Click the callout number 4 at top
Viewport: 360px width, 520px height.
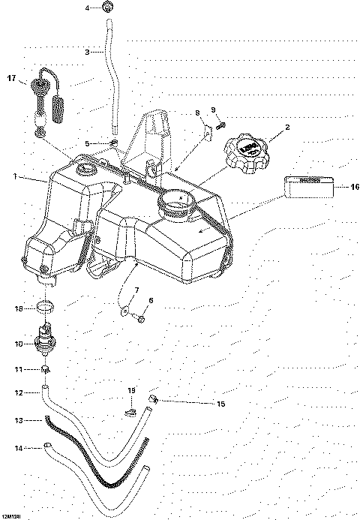(x=87, y=8)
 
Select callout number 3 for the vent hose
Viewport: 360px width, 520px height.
(x=87, y=52)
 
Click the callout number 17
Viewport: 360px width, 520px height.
(x=11, y=77)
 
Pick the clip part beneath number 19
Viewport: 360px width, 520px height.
(x=130, y=410)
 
